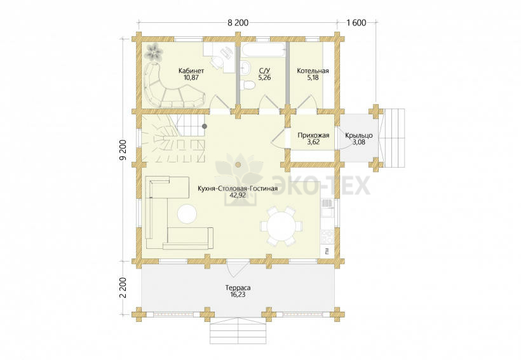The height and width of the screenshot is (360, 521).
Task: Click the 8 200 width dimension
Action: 238,23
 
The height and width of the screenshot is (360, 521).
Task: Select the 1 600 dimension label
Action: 356,23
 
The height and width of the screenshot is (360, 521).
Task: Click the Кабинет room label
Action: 191,70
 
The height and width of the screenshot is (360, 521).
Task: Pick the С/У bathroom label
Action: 264,70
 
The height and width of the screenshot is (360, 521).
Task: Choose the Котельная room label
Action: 313,70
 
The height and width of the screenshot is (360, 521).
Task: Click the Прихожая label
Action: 313,135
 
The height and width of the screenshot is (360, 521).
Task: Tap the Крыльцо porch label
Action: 358,135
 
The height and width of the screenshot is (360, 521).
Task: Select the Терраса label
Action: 238,288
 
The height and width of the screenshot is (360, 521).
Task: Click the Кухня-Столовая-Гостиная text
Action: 237,189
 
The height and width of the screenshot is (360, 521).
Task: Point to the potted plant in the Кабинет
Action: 154,52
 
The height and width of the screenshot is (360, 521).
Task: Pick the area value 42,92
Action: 238,196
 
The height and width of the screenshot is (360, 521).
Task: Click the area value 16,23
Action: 238,295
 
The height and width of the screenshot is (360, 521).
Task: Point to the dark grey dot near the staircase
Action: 205,126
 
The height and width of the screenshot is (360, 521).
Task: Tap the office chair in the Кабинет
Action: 216,62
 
